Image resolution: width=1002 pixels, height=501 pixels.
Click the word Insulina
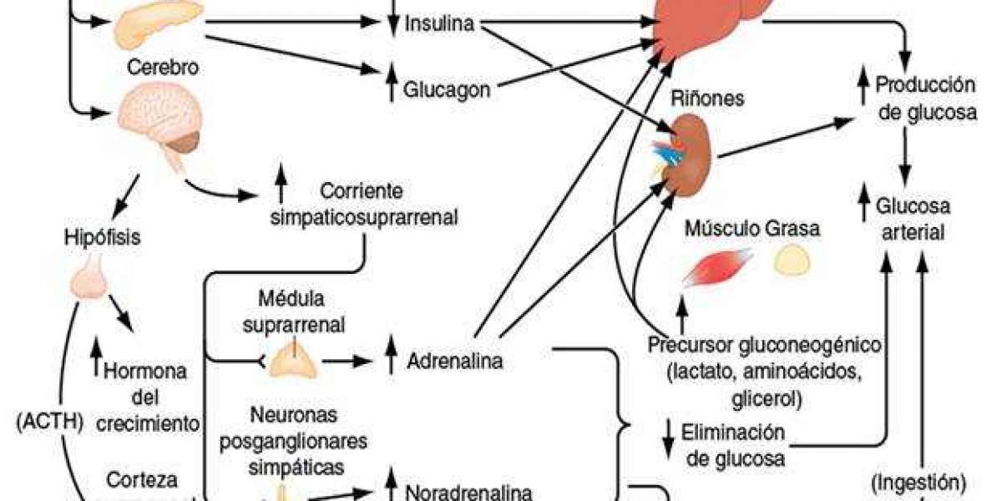pyautogui.click(x=439, y=23)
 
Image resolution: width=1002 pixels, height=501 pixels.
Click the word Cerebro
pyautogui.click(x=163, y=66)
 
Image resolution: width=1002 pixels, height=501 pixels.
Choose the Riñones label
pyautogui.click(x=707, y=99)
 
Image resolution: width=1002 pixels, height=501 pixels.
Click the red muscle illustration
pyautogui.click(x=716, y=268)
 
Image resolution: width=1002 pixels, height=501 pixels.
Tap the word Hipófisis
pyautogui.click(x=101, y=236)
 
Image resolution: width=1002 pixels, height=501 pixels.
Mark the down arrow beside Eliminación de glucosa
pyautogui.click(x=669, y=443)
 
